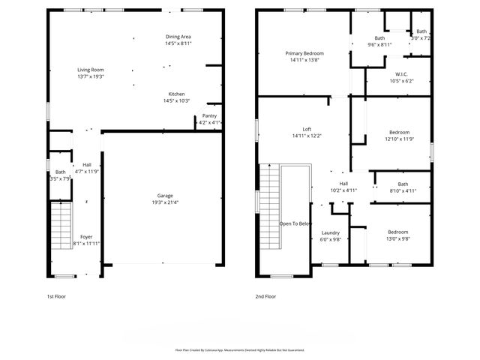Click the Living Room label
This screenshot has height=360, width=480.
point(90,69)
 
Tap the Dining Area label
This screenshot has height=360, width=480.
point(178,36)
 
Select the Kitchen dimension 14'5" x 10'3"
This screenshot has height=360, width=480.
point(178,100)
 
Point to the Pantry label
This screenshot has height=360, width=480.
point(209,115)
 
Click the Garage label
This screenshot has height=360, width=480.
point(165,196)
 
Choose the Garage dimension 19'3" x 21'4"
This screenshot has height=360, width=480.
point(165,202)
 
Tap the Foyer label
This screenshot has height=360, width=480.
point(87,236)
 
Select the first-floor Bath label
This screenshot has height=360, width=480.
point(60,172)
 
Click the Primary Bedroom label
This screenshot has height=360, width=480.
point(304,53)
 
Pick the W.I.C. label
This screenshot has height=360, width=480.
point(401,73)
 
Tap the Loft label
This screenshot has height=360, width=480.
point(307,129)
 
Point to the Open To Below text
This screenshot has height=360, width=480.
point(295,223)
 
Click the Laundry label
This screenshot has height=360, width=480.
point(331,232)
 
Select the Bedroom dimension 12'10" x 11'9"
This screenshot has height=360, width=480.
point(400,139)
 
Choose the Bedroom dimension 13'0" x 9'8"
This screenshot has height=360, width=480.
point(397,238)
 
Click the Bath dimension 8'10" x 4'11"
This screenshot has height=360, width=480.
point(403,190)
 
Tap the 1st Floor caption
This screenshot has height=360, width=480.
point(57,296)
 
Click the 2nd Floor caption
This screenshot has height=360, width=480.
point(266,296)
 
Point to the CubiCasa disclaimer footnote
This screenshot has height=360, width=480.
point(240,349)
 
